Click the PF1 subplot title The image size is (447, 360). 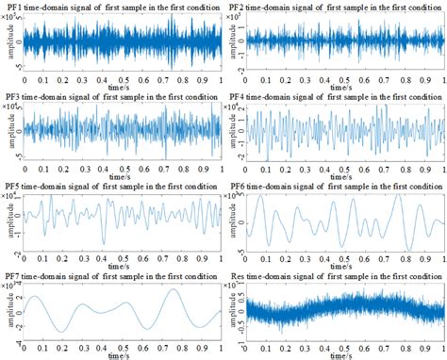[x=111, y=8]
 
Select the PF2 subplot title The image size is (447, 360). [x=335, y=8]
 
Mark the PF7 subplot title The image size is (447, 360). [x=111, y=273]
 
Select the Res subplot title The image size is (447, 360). [x=335, y=273]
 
